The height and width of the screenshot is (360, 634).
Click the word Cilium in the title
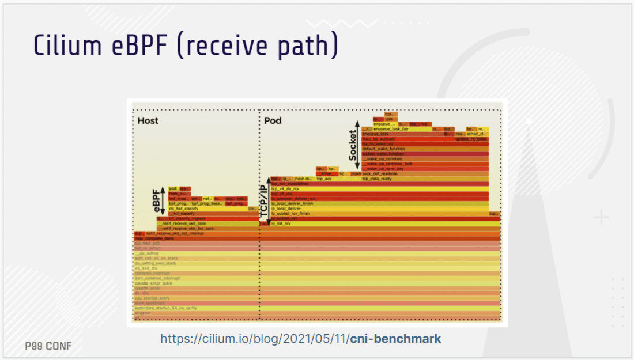(64, 45)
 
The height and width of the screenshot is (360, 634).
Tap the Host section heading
(148, 121)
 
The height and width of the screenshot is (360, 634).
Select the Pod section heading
(273, 121)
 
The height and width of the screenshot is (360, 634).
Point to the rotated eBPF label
(155, 199)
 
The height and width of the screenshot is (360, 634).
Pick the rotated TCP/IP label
(265, 199)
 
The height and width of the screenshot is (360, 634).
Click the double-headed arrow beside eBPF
(163, 199)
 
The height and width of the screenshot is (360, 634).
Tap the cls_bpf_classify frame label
(184, 209)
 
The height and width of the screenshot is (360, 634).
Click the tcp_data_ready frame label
(377, 179)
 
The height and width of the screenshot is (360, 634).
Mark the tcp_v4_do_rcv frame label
(287, 189)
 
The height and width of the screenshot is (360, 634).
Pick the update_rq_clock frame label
(471, 139)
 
